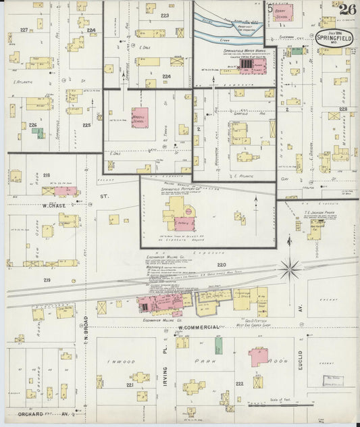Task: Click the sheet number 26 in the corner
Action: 347,9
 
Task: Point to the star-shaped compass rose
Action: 290,269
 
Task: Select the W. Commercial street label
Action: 201,328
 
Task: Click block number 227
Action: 24,30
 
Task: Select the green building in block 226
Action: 41,133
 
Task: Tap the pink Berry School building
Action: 284,13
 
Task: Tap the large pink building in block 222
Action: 259,356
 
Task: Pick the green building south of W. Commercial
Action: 218,346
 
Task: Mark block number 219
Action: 47,280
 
